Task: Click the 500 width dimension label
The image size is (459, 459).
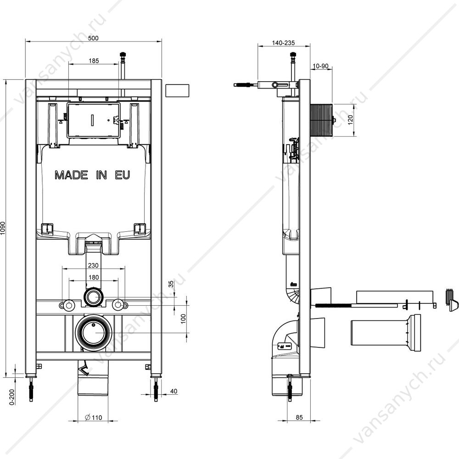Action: click(x=93, y=38)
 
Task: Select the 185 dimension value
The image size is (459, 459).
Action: click(x=94, y=61)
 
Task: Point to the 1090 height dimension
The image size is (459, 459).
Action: click(x=3, y=228)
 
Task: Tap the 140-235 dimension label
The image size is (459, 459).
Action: click(x=283, y=43)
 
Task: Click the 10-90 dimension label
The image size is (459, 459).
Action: click(x=320, y=66)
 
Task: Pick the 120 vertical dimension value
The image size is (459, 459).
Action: click(x=350, y=120)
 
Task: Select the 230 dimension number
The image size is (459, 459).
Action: click(x=93, y=265)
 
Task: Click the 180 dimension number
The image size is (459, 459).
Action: click(x=94, y=277)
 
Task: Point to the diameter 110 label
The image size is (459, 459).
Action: click(x=93, y=417)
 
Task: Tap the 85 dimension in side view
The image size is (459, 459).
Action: click(x=299, y=417)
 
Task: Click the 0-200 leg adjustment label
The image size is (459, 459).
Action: click(x=12, y=397)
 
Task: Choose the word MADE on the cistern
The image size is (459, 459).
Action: click(x=72, y=175)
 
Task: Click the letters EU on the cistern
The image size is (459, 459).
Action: click(x=123, y=175)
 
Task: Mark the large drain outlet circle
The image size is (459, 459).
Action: click(x=93, y=333)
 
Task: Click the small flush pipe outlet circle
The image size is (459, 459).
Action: click(x=94, y=297)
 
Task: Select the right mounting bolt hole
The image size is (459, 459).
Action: click(x=118, y=305)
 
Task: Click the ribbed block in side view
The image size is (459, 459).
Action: click(x=321, y=120)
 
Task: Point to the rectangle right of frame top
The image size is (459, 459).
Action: click(x=177, y=90)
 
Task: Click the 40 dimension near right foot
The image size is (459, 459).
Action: click(x=174, y=391)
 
